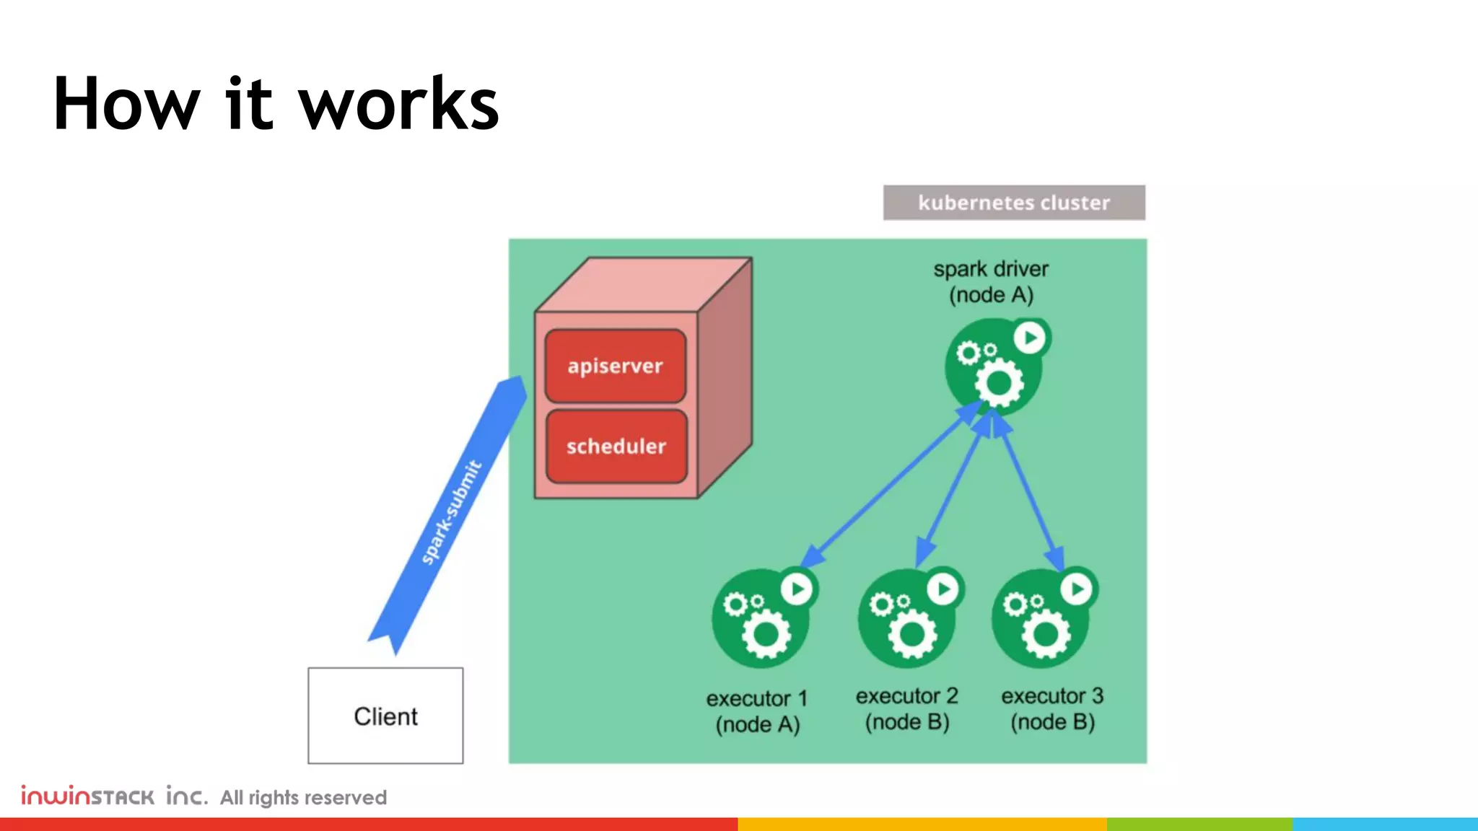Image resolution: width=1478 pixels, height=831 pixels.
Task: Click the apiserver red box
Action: click(x=616, y=366)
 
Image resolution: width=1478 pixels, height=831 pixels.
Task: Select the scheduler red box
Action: click(x=616, y=447)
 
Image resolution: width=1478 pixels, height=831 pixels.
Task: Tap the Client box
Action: click(x=385, y=716)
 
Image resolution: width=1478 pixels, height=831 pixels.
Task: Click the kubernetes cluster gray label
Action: click(x=1013, y=203)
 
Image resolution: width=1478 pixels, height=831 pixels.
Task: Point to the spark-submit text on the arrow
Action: click(x=450, y=512)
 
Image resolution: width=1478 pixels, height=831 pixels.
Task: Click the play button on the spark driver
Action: click(x=1030, y=338)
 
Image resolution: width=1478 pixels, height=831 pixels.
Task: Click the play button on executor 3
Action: click(x=1077, y=589)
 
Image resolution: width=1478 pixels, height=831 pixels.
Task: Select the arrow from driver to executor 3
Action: click(x=1029, y=491)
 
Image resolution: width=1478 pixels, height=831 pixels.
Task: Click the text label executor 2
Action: click(x=906, y=696)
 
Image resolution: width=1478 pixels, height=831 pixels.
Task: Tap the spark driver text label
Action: click(x=991, y=269)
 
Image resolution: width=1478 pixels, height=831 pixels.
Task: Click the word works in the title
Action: click(x=398, y=105)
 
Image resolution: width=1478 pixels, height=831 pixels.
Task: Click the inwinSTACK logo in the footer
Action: click(x=114, y=796)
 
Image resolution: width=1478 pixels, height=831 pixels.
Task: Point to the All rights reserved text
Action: click(x=303, y=797)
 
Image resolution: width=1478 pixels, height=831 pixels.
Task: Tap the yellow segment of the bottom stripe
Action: click(x=922, y=824)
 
